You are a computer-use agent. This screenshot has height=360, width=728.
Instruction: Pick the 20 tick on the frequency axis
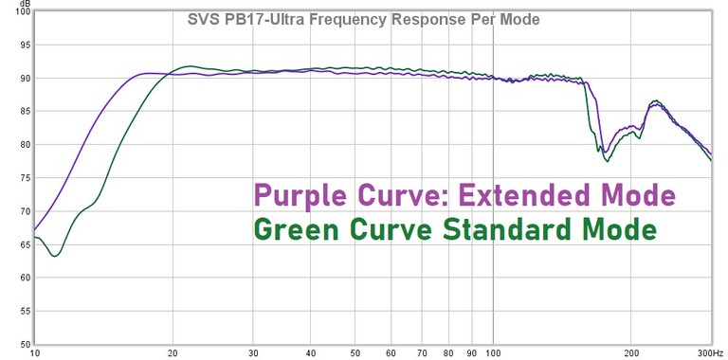[x=173, y=352]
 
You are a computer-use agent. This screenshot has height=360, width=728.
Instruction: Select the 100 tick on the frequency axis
[x=492, y=352]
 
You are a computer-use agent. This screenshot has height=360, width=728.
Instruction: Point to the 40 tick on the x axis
[x=310, y=352]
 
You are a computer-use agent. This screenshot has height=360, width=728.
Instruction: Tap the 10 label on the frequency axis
[x=35, y=352]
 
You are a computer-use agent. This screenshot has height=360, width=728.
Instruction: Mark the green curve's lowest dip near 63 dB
[x=55, y=256]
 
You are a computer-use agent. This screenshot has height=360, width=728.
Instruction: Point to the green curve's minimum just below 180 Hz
[x=607, y=161]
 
